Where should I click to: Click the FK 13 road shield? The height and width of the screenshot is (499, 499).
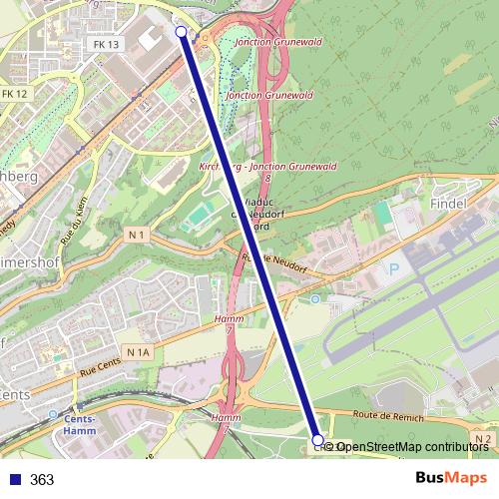(106, 45)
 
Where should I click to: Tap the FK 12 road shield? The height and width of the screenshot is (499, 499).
(14, 93)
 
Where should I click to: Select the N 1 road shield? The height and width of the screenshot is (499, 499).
(137, 235)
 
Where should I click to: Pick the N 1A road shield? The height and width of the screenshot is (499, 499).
(137, 352)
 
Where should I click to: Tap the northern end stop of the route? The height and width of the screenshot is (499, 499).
(181, 32)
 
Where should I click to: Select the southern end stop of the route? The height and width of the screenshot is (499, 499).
(318, 439)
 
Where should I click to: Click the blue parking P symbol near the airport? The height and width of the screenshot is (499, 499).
(394, 269)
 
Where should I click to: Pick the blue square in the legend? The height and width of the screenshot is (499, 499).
(14, 479)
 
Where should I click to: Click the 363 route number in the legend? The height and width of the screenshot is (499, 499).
(42, 479)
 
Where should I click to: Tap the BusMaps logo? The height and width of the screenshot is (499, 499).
(452, 478)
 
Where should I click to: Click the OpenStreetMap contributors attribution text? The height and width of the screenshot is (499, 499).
(412, 447)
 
